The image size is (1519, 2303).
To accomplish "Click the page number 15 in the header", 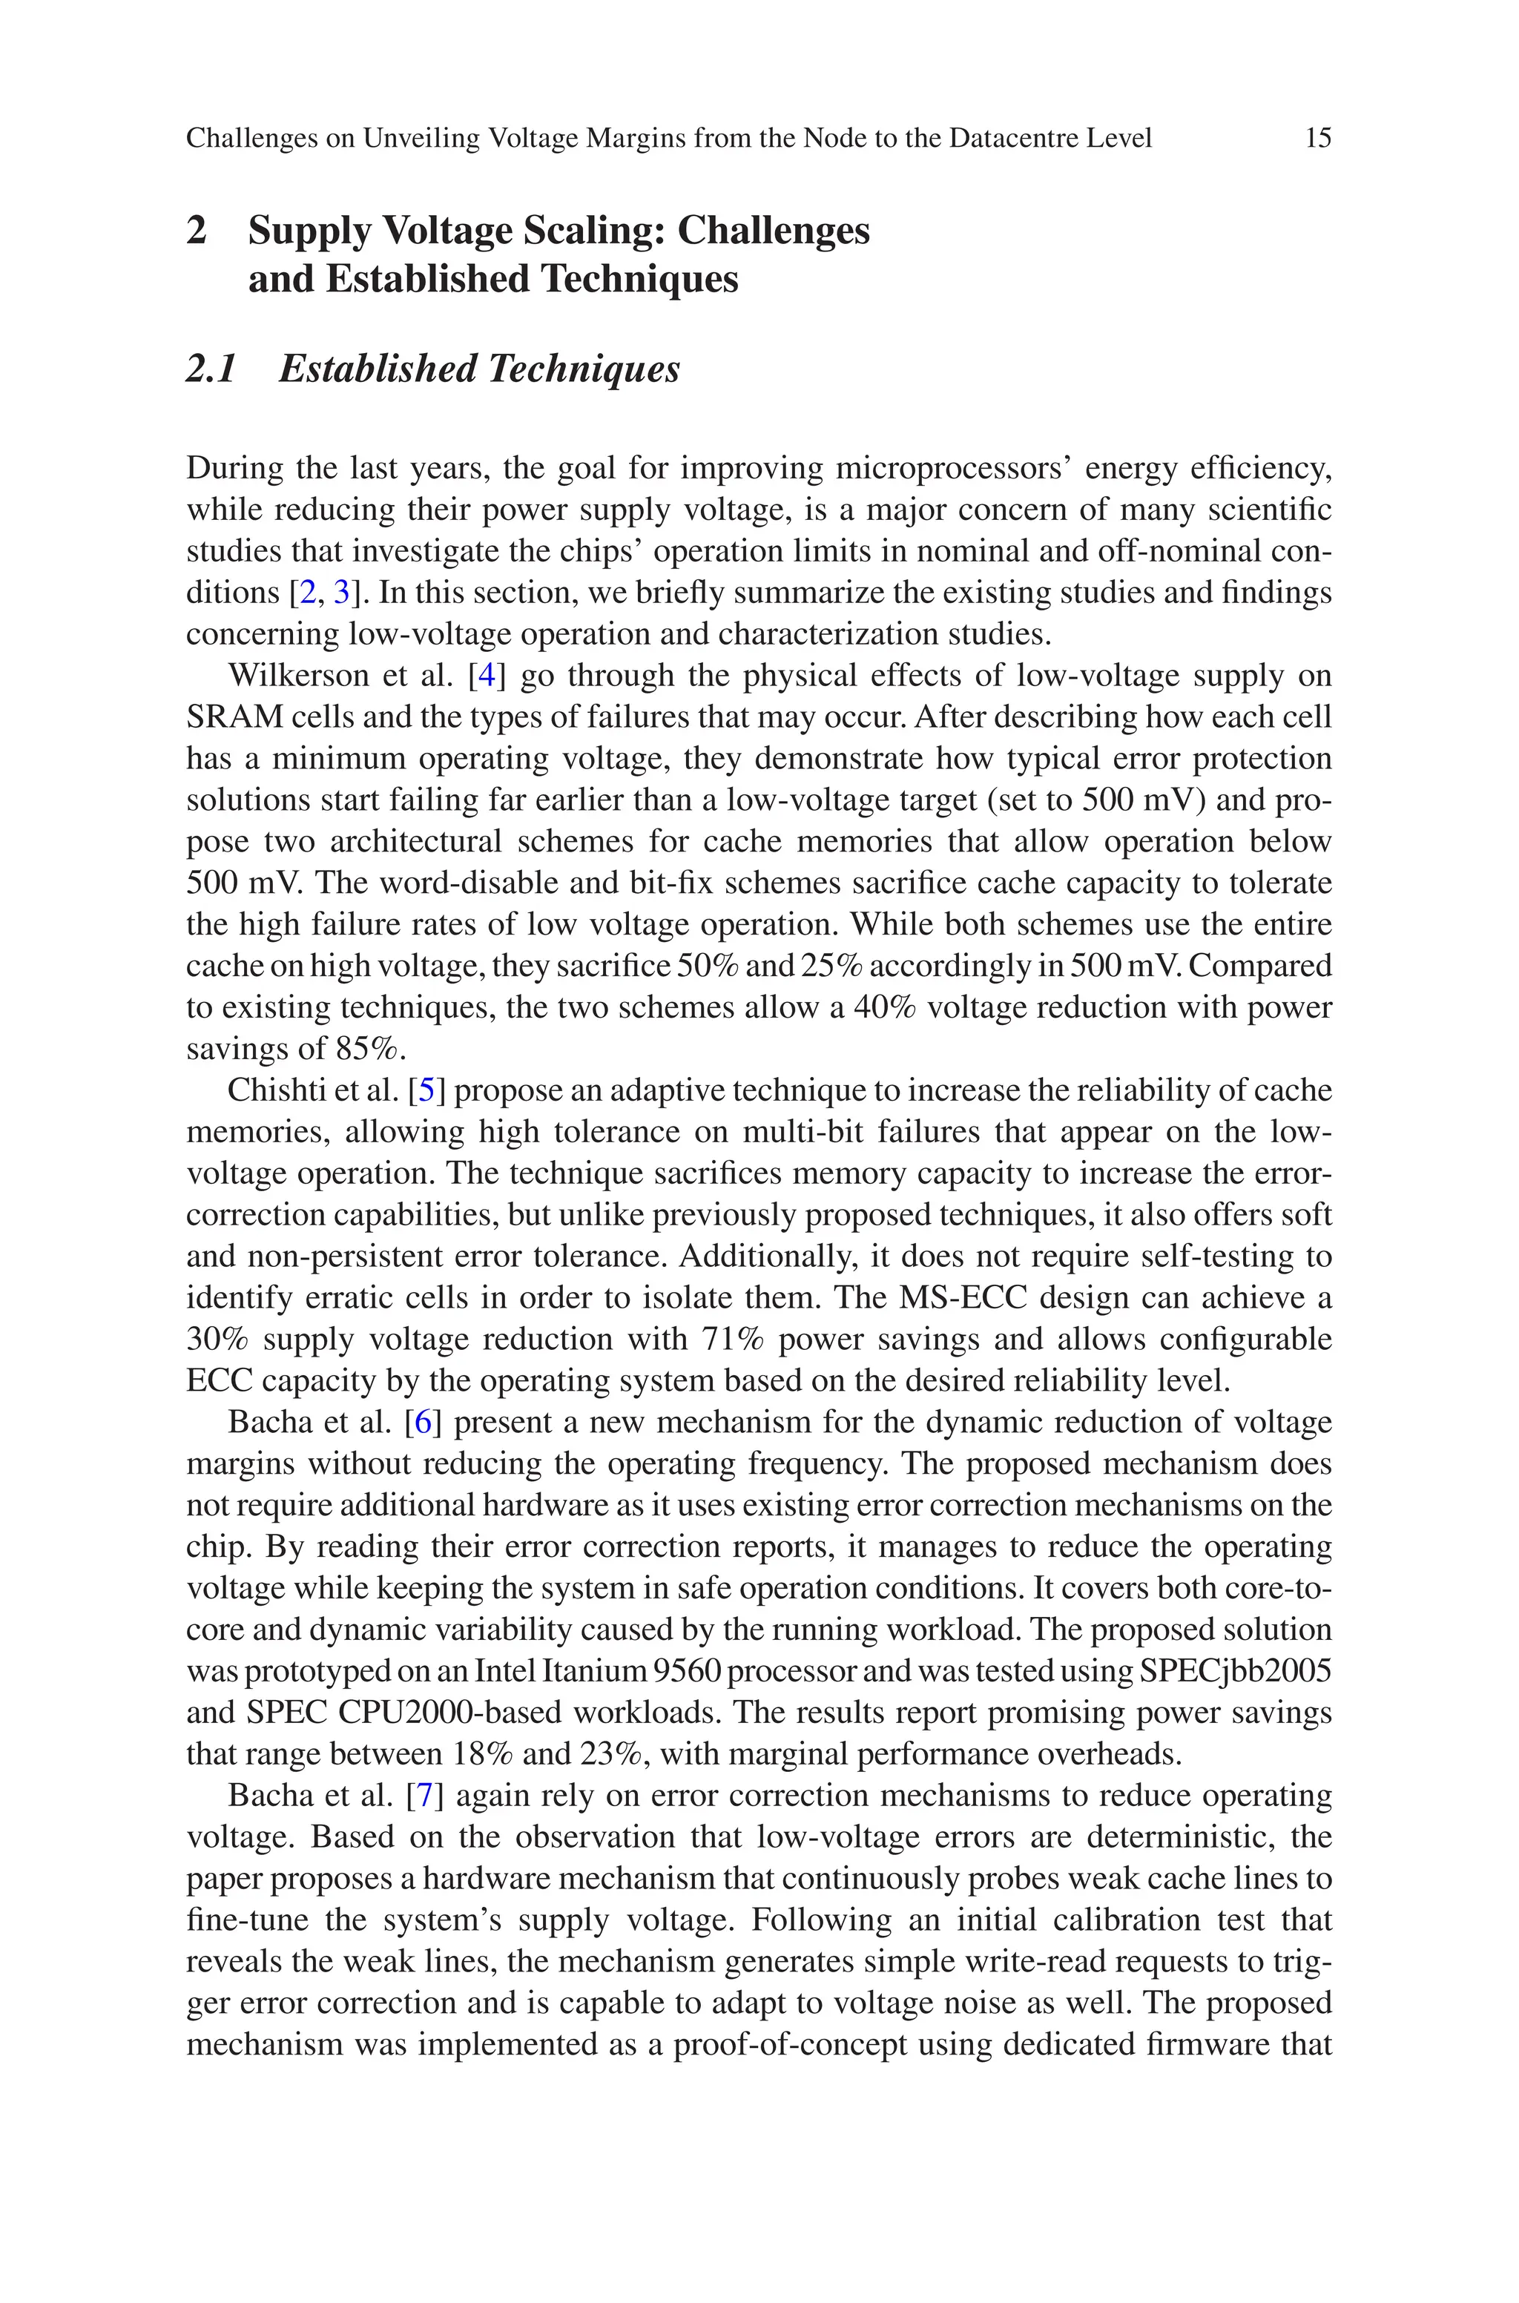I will point(1317,139).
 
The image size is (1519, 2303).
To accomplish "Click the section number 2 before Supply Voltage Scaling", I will point(197,231).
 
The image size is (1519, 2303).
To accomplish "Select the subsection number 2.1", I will point(211,369).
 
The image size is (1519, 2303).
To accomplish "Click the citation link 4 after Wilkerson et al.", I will point(487,675).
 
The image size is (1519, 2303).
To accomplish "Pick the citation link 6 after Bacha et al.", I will point(422,1423).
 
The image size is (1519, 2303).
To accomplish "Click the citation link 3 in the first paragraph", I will point(342,592).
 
